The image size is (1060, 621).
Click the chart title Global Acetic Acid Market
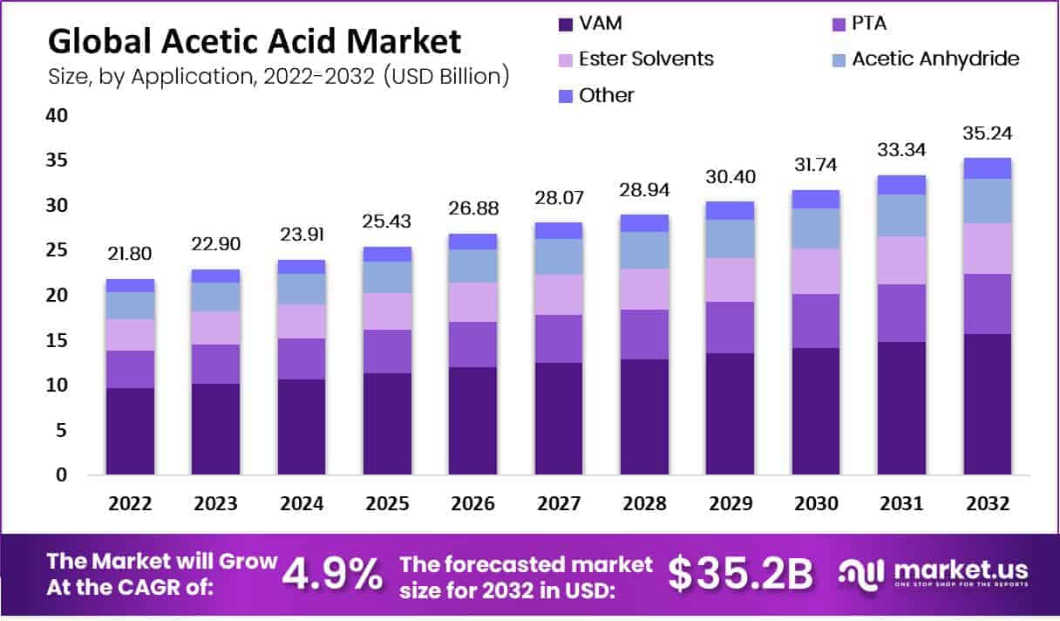pos(255,42)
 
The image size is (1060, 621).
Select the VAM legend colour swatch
pos(566,24)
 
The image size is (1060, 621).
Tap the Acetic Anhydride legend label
pos(935,59)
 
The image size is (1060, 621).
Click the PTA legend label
pos(870,24)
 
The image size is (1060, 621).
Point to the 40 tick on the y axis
pos(56,115)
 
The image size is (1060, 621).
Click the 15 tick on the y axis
pos(56,340)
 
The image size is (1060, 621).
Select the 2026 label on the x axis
pos(472,504)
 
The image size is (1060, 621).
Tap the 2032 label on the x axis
pos(987,504)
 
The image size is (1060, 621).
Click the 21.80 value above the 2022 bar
pos(130,254)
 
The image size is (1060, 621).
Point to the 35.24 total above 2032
pos(987,133)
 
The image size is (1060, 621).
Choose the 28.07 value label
pos(558,197)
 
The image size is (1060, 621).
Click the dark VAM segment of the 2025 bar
pos(387,423)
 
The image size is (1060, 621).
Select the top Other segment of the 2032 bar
pos(987,168)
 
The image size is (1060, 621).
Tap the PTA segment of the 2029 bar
pos(730,327)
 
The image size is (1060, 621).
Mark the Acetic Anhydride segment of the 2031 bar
pos(901,215)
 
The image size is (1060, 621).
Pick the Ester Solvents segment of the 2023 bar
pos(215,328)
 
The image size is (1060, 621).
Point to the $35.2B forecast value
pos(740,574)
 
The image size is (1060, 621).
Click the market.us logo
pos(933,574)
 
